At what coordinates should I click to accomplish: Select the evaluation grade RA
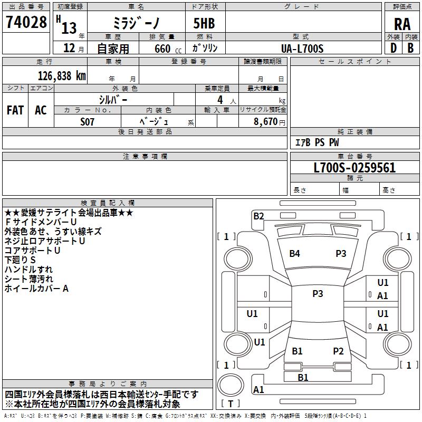(402, 24)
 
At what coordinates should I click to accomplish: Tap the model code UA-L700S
(302, 49)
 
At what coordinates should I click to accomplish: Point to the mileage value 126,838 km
(62, 75)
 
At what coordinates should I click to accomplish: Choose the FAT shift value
(15, 110)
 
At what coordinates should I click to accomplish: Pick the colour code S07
(88, 121)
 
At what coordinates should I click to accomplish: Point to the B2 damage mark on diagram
(258, 215)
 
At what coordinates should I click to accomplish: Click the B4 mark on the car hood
(294, 253)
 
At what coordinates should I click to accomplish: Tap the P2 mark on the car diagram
(338, 351)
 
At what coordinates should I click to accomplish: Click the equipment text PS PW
(327, 142)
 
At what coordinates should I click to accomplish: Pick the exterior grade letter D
(393, 49)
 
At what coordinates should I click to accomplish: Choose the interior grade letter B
(410, 49)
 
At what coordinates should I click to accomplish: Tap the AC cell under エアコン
(41, 110)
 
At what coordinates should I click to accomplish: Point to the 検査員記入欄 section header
(108, 203)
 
